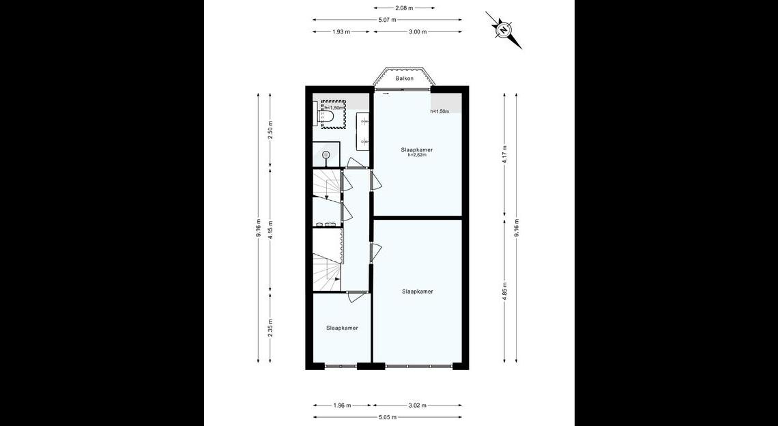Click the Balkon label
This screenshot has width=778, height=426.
tap(405, 79)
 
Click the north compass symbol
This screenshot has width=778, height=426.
tap(504, 30)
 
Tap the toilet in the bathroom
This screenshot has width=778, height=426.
tap(327, 115)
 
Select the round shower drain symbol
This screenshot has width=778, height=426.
tap(326, 155)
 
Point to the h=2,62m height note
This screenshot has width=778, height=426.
tap(417, 155)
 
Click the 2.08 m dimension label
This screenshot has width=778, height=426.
tap(404, 8)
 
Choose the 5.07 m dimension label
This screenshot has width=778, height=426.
tap(387, 20)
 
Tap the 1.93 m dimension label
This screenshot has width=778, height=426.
tap(341, 32)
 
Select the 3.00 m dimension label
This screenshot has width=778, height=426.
tap(417, 32)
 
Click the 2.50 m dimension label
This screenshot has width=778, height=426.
tap(270, 130)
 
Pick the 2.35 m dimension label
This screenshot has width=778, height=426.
tap(270, 328)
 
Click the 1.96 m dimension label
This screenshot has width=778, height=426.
tap(341, 405)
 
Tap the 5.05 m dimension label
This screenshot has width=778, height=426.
tap(387, 417)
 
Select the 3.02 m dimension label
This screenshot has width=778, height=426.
tap(417, 405)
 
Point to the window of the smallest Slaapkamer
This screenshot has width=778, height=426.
tap(341, 367)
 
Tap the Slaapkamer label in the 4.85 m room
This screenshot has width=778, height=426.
tap(417, 292)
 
